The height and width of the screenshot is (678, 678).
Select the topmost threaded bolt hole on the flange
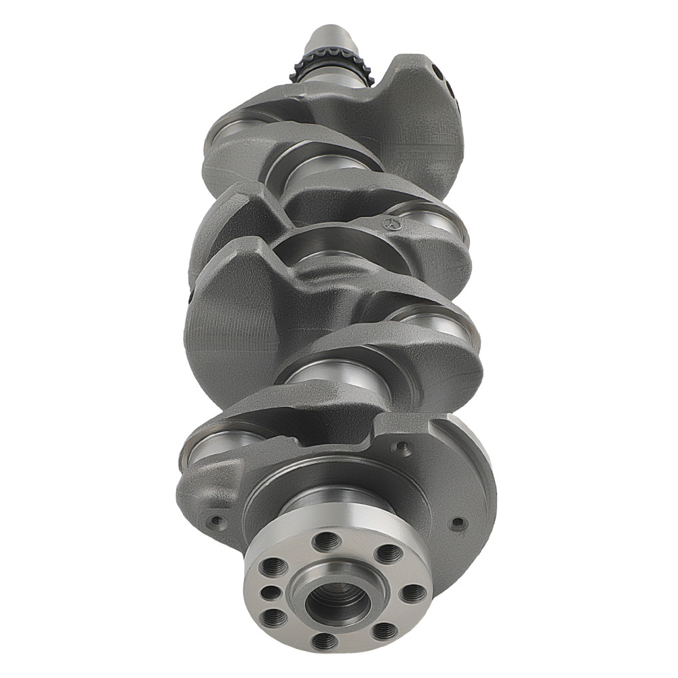point(327,541)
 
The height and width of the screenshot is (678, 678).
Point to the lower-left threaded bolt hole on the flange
point(274,617)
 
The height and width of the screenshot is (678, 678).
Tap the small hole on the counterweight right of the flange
point(458,523)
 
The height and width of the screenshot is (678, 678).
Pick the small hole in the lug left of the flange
point(217,521)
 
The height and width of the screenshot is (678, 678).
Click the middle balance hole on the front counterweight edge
point(450,86)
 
